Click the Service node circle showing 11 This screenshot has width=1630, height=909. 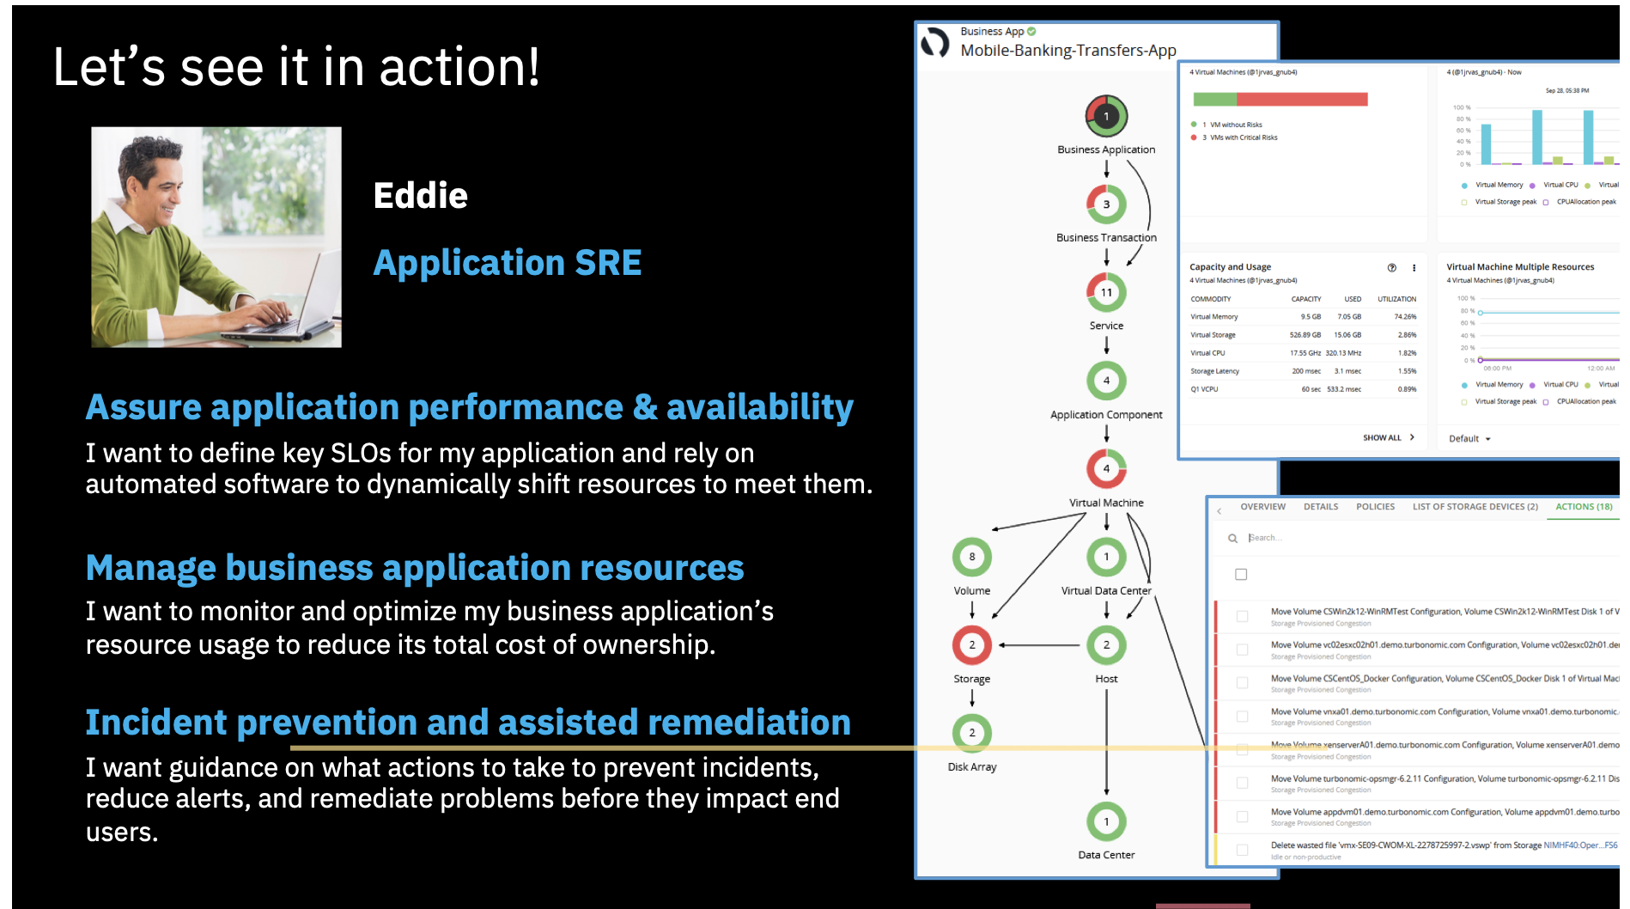click(x=1106, y=292)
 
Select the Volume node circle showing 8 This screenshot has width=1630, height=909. click(x=971, y=557)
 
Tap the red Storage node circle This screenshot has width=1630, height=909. click(x=971, y=644)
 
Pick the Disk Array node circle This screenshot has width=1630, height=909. click(x=971, y=733)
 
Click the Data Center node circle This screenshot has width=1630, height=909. click(x=1106, y=821)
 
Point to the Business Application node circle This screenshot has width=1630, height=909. click(x=1106, y=116)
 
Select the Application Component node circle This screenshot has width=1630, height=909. click(x=1106, y=381)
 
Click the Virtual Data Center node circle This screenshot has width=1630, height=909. click(x=1106, y=557)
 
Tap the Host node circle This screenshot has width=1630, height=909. click(x=1106, y=644)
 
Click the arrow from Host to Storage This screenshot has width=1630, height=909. click(x=1039, y=644)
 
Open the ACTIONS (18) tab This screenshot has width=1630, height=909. click(x=1584, y=507)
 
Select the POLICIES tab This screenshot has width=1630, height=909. click(x=1375, y=507)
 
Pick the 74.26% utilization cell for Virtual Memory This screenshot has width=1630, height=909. click(x=1405, y=317)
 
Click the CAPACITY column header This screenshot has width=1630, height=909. click(x=1305, y=299)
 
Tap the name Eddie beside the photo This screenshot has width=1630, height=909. click(x=420, y=196)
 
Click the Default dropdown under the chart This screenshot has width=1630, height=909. click(x=1469, y=439)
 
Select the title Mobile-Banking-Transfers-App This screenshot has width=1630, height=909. click(x=1067, y=51)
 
